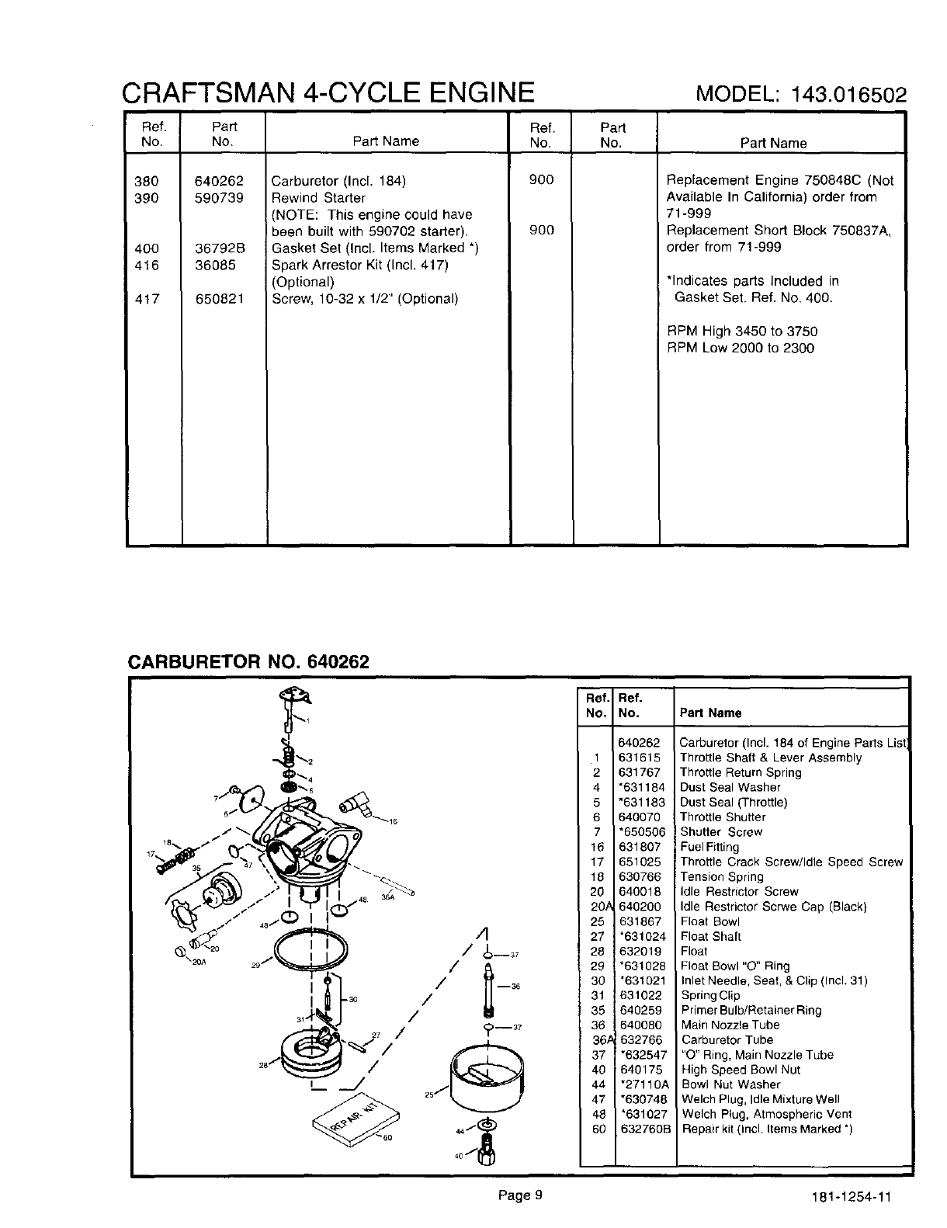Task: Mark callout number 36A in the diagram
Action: point(387,897)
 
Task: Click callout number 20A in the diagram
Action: point(188,961)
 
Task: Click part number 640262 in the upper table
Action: point(219,181)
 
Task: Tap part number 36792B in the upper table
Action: point(219,248)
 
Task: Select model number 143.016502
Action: point(848,95)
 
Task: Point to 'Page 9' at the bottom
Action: point(519,1195)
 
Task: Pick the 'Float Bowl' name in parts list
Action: point(709,921)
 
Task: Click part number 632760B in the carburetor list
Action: point(645,1129)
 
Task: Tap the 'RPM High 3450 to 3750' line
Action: point(743,331)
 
